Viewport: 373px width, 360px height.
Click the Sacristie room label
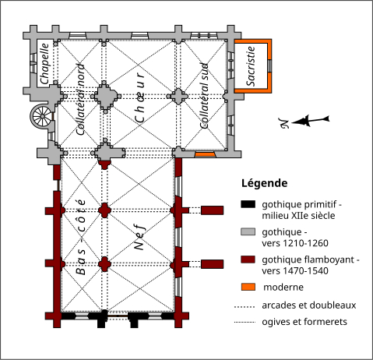pos(251,66)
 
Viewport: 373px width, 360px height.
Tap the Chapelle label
pos(44,64)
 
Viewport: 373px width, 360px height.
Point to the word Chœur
pos(140,97)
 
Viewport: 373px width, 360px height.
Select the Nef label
pos(140,238)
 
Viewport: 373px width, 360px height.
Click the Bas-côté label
pos(81,237)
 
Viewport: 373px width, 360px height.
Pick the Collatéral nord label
pos(81,100)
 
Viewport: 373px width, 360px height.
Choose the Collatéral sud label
pos(205,96)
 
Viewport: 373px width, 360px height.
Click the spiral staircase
pos(42,116)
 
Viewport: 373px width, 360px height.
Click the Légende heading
pos(264,183)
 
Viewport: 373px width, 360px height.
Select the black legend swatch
pos(248,204)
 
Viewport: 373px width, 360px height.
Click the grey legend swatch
pos(248,231)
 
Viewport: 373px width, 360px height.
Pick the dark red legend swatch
pos(248,259)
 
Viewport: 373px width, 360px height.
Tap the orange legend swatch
pos(248,287)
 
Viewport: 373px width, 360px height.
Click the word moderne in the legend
pos(283,288)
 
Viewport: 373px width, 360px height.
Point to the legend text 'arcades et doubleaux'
pos(309,305)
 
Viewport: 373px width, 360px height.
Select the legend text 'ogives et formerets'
pos(304,322)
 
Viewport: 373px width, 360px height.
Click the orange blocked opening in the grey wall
pos(205,154)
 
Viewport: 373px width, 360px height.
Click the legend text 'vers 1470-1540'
pos(295,271)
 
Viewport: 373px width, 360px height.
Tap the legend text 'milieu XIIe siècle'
pos(298,216)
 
